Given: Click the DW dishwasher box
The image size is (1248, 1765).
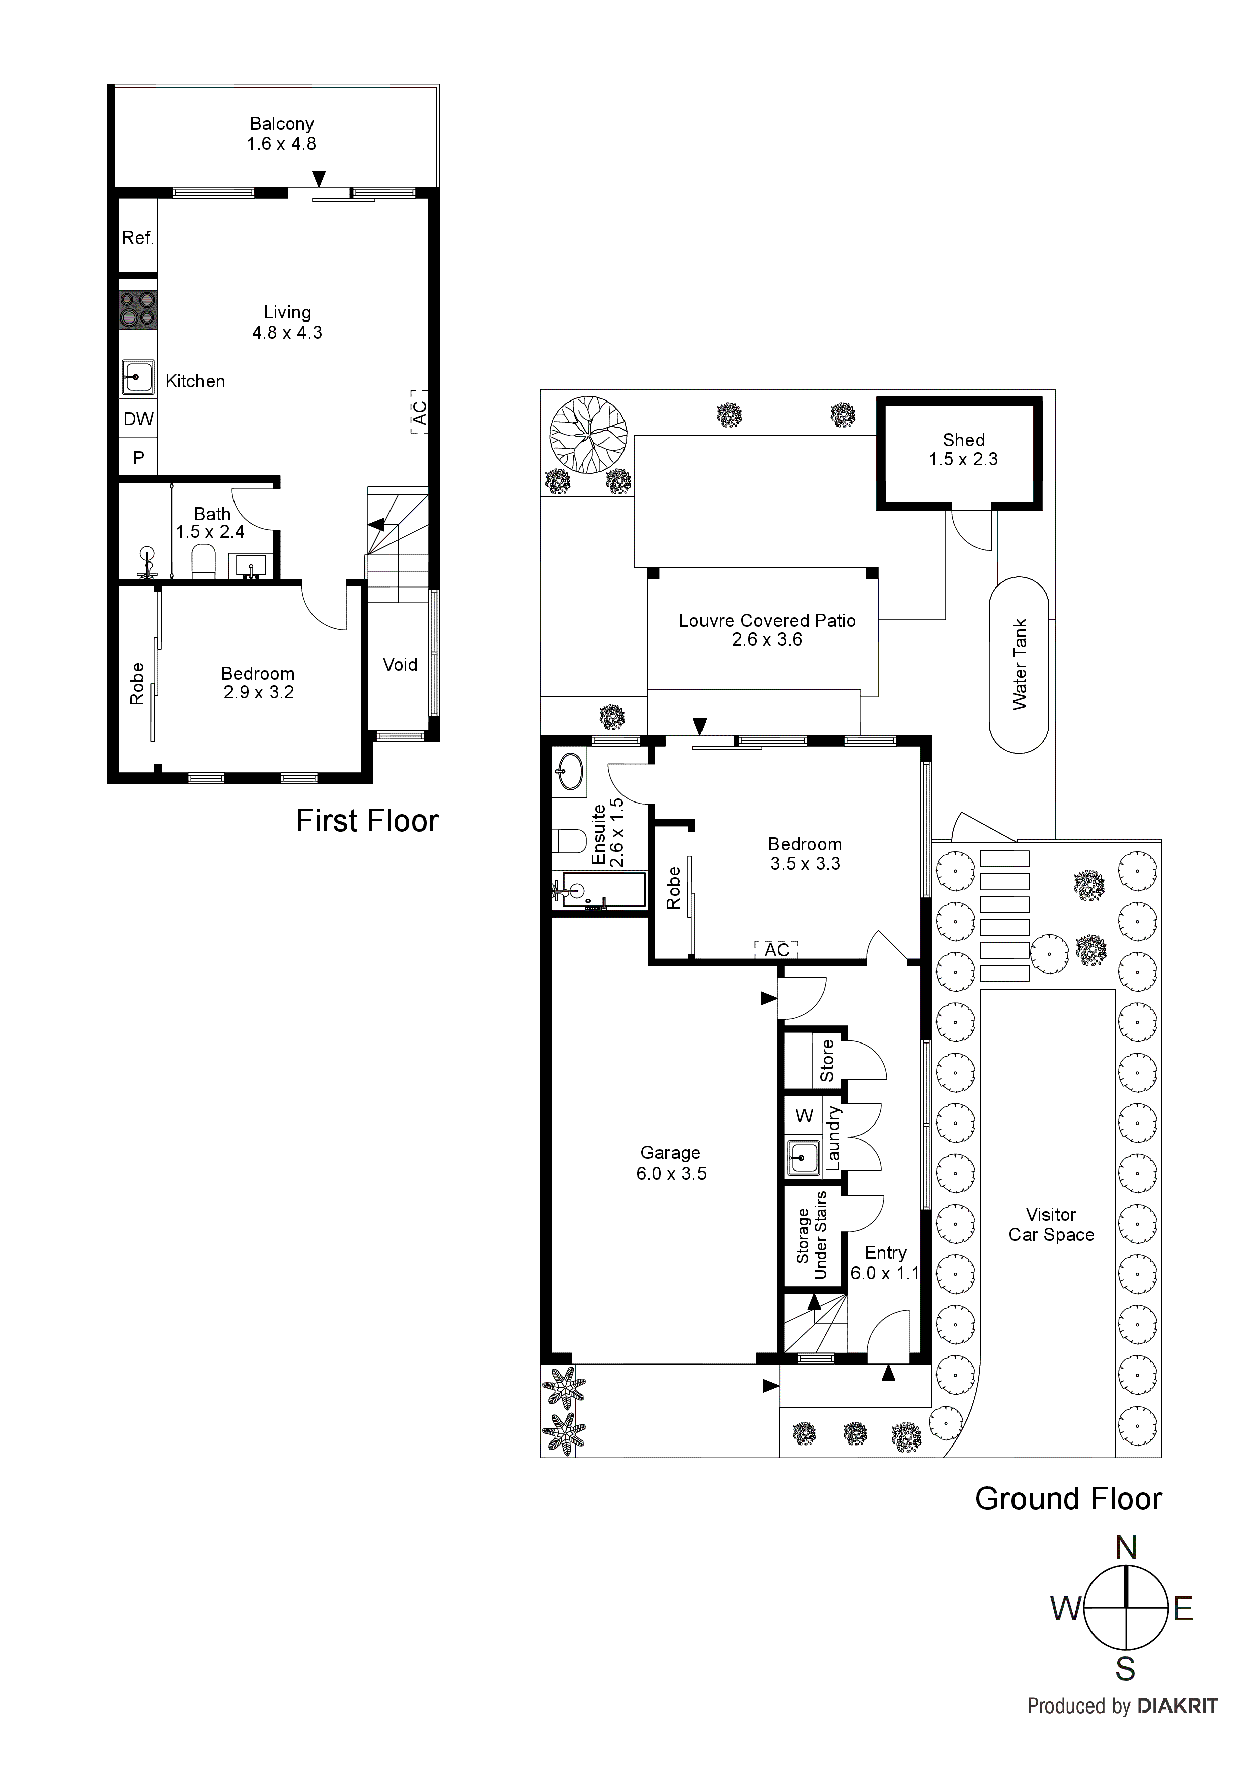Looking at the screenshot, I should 138,419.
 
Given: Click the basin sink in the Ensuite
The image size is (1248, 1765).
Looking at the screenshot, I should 570,770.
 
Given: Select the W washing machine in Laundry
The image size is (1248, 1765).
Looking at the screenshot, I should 804,1116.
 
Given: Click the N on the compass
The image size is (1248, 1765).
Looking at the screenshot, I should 1126,1548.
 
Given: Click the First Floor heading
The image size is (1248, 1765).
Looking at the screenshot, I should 367,821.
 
